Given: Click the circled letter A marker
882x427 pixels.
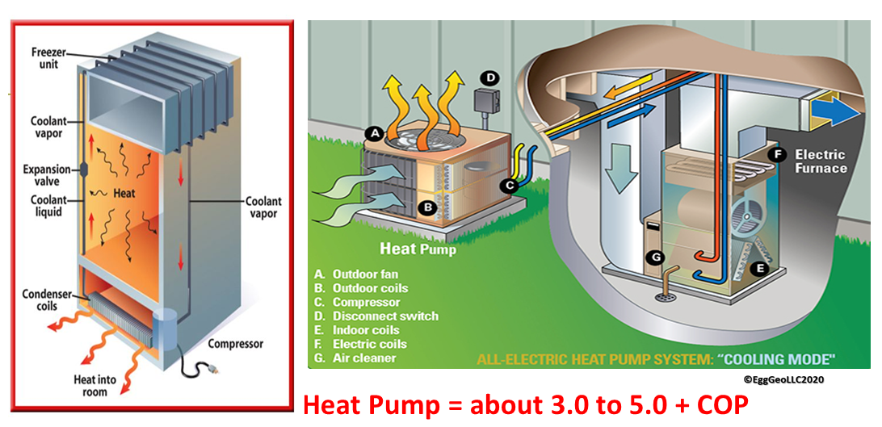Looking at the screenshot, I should (373, 132).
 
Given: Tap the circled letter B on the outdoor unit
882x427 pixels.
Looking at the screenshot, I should (429, 207).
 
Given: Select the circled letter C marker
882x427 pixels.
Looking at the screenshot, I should (509, 186).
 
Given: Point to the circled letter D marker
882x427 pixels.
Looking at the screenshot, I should (490, 78).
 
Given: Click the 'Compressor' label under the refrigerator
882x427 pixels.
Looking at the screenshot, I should (236, 344).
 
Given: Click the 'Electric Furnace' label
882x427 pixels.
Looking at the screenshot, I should (821, 161).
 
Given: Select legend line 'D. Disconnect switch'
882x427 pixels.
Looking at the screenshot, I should (376, 316).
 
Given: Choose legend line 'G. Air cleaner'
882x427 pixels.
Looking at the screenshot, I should (355, 358).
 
